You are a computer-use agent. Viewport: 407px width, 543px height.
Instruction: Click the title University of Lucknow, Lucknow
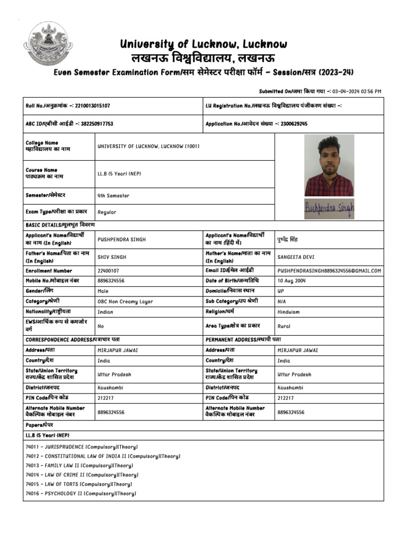[203, 44]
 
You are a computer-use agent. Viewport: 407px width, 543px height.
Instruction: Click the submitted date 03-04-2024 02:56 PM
[357, 91]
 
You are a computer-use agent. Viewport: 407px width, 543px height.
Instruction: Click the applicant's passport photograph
[329, 165]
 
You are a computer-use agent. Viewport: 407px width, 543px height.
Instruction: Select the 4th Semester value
[113, 196]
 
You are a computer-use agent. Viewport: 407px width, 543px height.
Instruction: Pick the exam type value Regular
[107, 212]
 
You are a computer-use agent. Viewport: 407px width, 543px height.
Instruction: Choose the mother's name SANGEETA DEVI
[296, 257]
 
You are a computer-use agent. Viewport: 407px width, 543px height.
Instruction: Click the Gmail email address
[329, 271]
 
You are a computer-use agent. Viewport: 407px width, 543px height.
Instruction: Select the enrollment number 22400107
[109, 271]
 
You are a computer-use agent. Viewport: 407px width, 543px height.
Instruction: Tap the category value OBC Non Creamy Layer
[125, 302]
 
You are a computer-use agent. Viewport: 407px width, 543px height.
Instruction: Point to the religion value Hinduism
[289, 312]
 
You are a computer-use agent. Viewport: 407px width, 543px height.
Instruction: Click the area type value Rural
[284, 327]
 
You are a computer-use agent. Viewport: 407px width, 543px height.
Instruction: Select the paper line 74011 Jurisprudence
[81, 447]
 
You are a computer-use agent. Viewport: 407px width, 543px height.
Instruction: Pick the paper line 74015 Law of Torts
[78, 484]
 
